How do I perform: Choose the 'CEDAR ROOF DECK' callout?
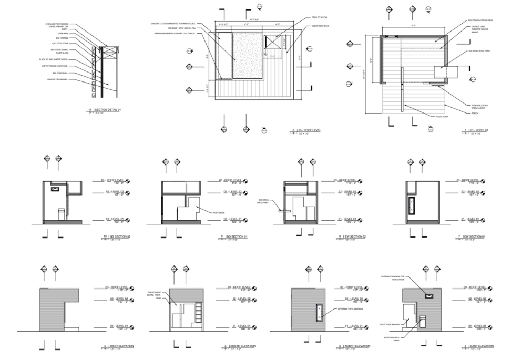point(320,25)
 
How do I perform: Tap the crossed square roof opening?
point(274,44)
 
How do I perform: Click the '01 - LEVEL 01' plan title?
point(478,130)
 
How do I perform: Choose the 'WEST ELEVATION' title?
point(120,346)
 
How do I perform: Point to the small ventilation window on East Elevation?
point(429,295)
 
